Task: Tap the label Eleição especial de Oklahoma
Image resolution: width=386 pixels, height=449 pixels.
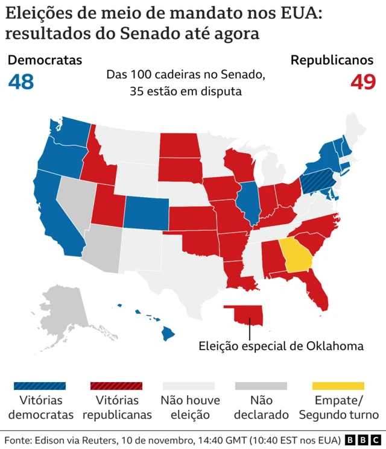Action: [x=281, y=346]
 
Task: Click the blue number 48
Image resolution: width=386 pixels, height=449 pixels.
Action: [x=21, y=81]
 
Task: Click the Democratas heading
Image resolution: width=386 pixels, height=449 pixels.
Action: [x=45, y=60]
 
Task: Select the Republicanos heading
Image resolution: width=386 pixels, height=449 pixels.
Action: [x=332, y=60]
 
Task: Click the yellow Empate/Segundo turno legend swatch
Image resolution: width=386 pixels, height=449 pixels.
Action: [x=338, y=386]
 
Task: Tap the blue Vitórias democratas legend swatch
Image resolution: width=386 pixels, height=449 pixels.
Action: [x=39, y=386]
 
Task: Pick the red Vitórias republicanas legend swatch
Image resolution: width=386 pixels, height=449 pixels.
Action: [x=116, y=386]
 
